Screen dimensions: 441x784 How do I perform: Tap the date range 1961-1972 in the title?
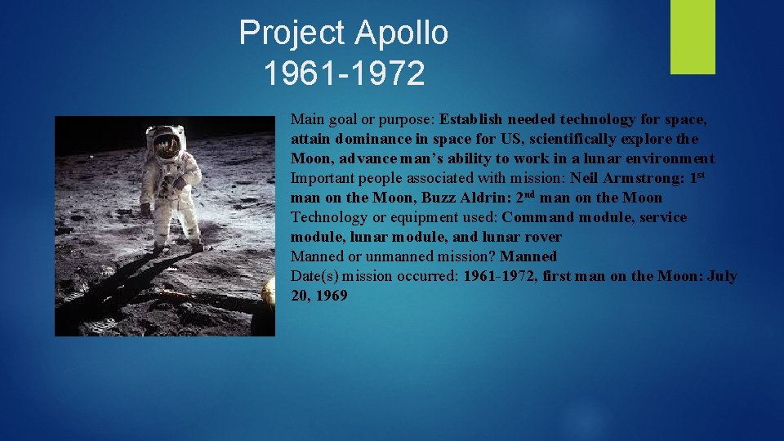344,73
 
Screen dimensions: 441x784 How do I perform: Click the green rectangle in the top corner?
693,37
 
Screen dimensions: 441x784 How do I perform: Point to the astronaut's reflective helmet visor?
167,145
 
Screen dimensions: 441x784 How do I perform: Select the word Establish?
474,119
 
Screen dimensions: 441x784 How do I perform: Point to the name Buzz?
439,198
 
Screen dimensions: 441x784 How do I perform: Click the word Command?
539,217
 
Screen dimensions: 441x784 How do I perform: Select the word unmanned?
379,256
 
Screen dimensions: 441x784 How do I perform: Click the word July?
721,276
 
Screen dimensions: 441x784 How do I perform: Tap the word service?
663,217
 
